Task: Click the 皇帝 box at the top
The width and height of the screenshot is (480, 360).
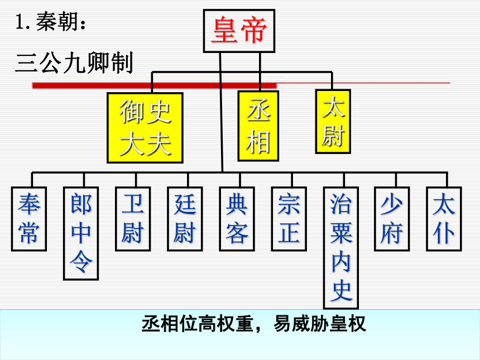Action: coord(239,31)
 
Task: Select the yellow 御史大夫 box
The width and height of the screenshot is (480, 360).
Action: coord(145,128)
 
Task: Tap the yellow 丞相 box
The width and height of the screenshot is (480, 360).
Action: coord(258,126)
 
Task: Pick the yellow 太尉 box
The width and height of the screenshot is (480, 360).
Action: coord(333,122)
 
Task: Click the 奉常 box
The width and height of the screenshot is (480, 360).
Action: coord(29,219)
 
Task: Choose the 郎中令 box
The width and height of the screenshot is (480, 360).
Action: coord(81,233)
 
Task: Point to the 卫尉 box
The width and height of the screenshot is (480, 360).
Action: coord(133,219)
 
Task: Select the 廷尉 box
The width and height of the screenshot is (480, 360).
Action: coord(185,219)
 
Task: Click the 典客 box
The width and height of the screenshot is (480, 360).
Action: coord(237,219)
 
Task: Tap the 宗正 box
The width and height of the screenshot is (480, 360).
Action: coord(289,219)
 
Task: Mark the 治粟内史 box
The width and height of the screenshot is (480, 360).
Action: coord(341,248)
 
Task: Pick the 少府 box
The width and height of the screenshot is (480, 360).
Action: coord(392,219)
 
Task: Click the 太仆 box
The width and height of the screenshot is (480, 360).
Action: coord(444,219)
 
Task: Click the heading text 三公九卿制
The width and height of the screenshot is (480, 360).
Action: coord(74,63)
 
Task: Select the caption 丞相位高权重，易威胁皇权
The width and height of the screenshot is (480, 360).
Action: coord(254,324)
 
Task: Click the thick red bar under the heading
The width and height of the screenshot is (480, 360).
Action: coord(155,85)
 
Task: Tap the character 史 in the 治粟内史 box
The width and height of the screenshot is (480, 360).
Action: coord(341,290)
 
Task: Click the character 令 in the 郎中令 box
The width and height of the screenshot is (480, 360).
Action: coord(81,262)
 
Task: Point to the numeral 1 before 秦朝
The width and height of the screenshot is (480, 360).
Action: coord(20,22)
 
